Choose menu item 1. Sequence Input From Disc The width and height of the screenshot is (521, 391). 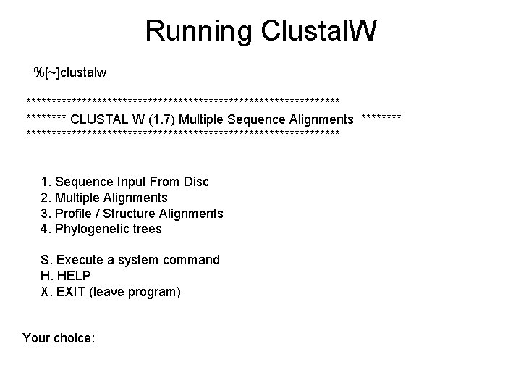(124, 181)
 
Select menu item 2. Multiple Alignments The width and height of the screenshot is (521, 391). (104, 197)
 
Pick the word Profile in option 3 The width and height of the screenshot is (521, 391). (74, 213)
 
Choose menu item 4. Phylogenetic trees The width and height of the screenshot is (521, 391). (101, 229)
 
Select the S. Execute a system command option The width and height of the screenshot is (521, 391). (130, 259)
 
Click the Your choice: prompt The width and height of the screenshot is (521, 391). (59, 337)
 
